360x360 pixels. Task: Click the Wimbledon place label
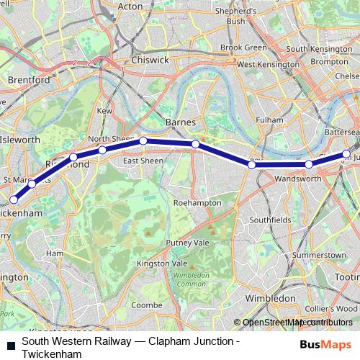[x=270, y=297]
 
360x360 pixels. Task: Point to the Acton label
[x=130, y=6]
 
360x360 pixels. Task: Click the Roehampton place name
[x=197, y=203]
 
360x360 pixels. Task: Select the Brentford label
[x=28, y=80]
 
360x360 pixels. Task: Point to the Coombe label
[x=147, y=305]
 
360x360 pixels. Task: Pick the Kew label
[x=105, y=111]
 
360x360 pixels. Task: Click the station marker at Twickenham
[x=13, y=199]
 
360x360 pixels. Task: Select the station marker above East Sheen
[x=143, y=140]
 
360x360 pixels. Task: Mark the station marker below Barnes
[x=195, y=145]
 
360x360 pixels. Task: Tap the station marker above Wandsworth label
[x=309, y=165]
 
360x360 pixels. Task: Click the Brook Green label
[x=243, y=48]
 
